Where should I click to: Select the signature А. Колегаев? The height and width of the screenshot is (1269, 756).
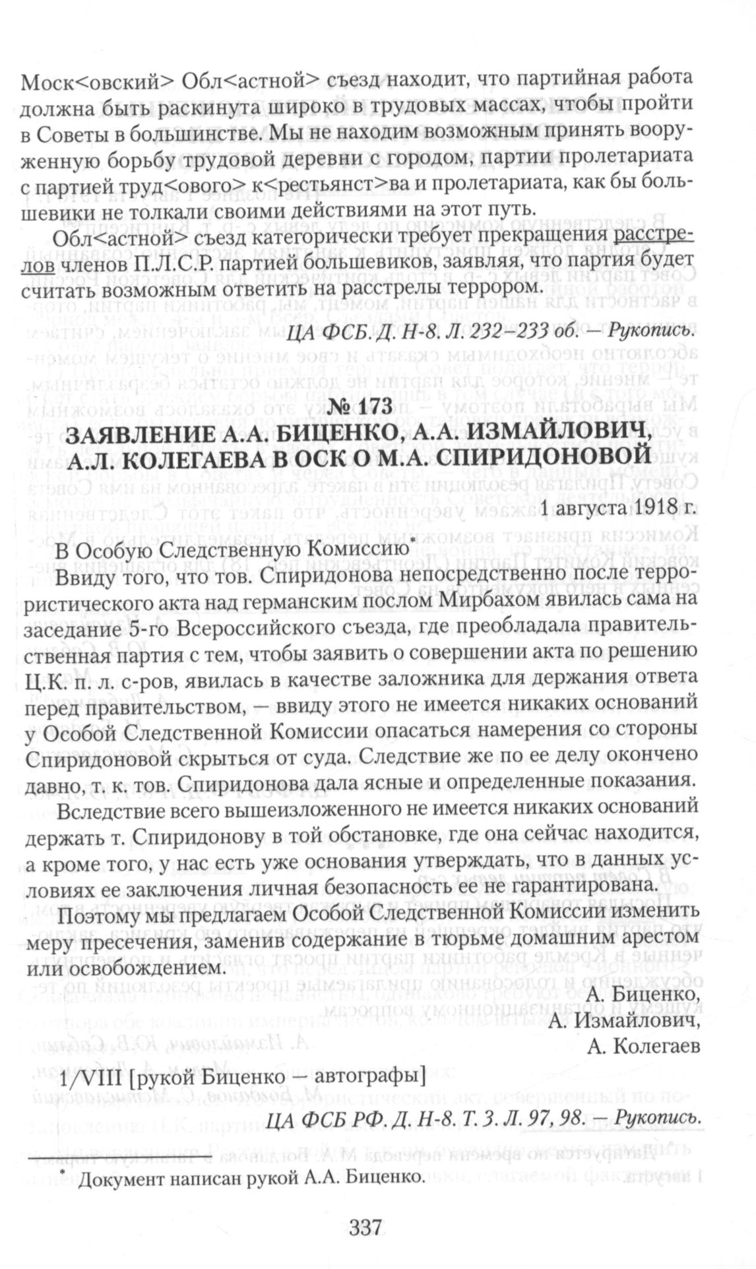pyautogui.click(x=642, y=1046)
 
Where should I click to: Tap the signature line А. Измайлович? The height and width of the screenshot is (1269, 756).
pyautogui.click(x=623, y=1020)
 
